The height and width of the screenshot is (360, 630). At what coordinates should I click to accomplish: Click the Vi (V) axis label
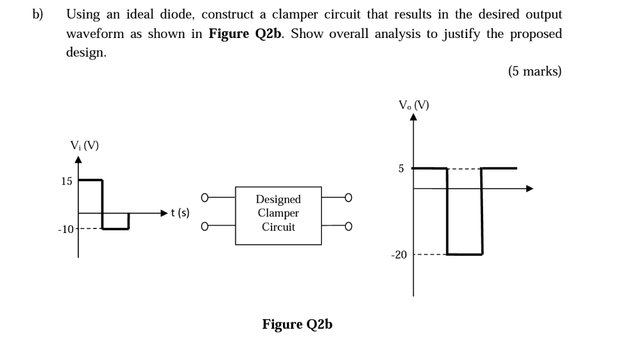coord(84,145)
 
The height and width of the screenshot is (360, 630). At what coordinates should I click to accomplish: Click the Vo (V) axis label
coord(413,105)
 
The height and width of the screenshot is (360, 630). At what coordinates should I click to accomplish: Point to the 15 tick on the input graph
coord(66,181)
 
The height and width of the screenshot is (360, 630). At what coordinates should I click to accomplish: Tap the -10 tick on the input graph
coord(65,230)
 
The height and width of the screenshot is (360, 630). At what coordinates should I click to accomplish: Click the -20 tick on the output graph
coord(399,255)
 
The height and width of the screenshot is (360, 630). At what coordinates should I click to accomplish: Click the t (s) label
coord(180,213)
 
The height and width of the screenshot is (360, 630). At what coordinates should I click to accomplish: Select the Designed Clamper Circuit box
coord(278,215)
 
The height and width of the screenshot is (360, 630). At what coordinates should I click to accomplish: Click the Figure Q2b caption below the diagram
coord(297,324)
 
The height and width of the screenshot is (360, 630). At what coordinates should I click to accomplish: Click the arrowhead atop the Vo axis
coord(413,117)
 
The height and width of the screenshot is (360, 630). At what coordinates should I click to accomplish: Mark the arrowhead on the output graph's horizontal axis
coord(530,188)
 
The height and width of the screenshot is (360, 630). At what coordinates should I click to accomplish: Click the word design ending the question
coord(86,52)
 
